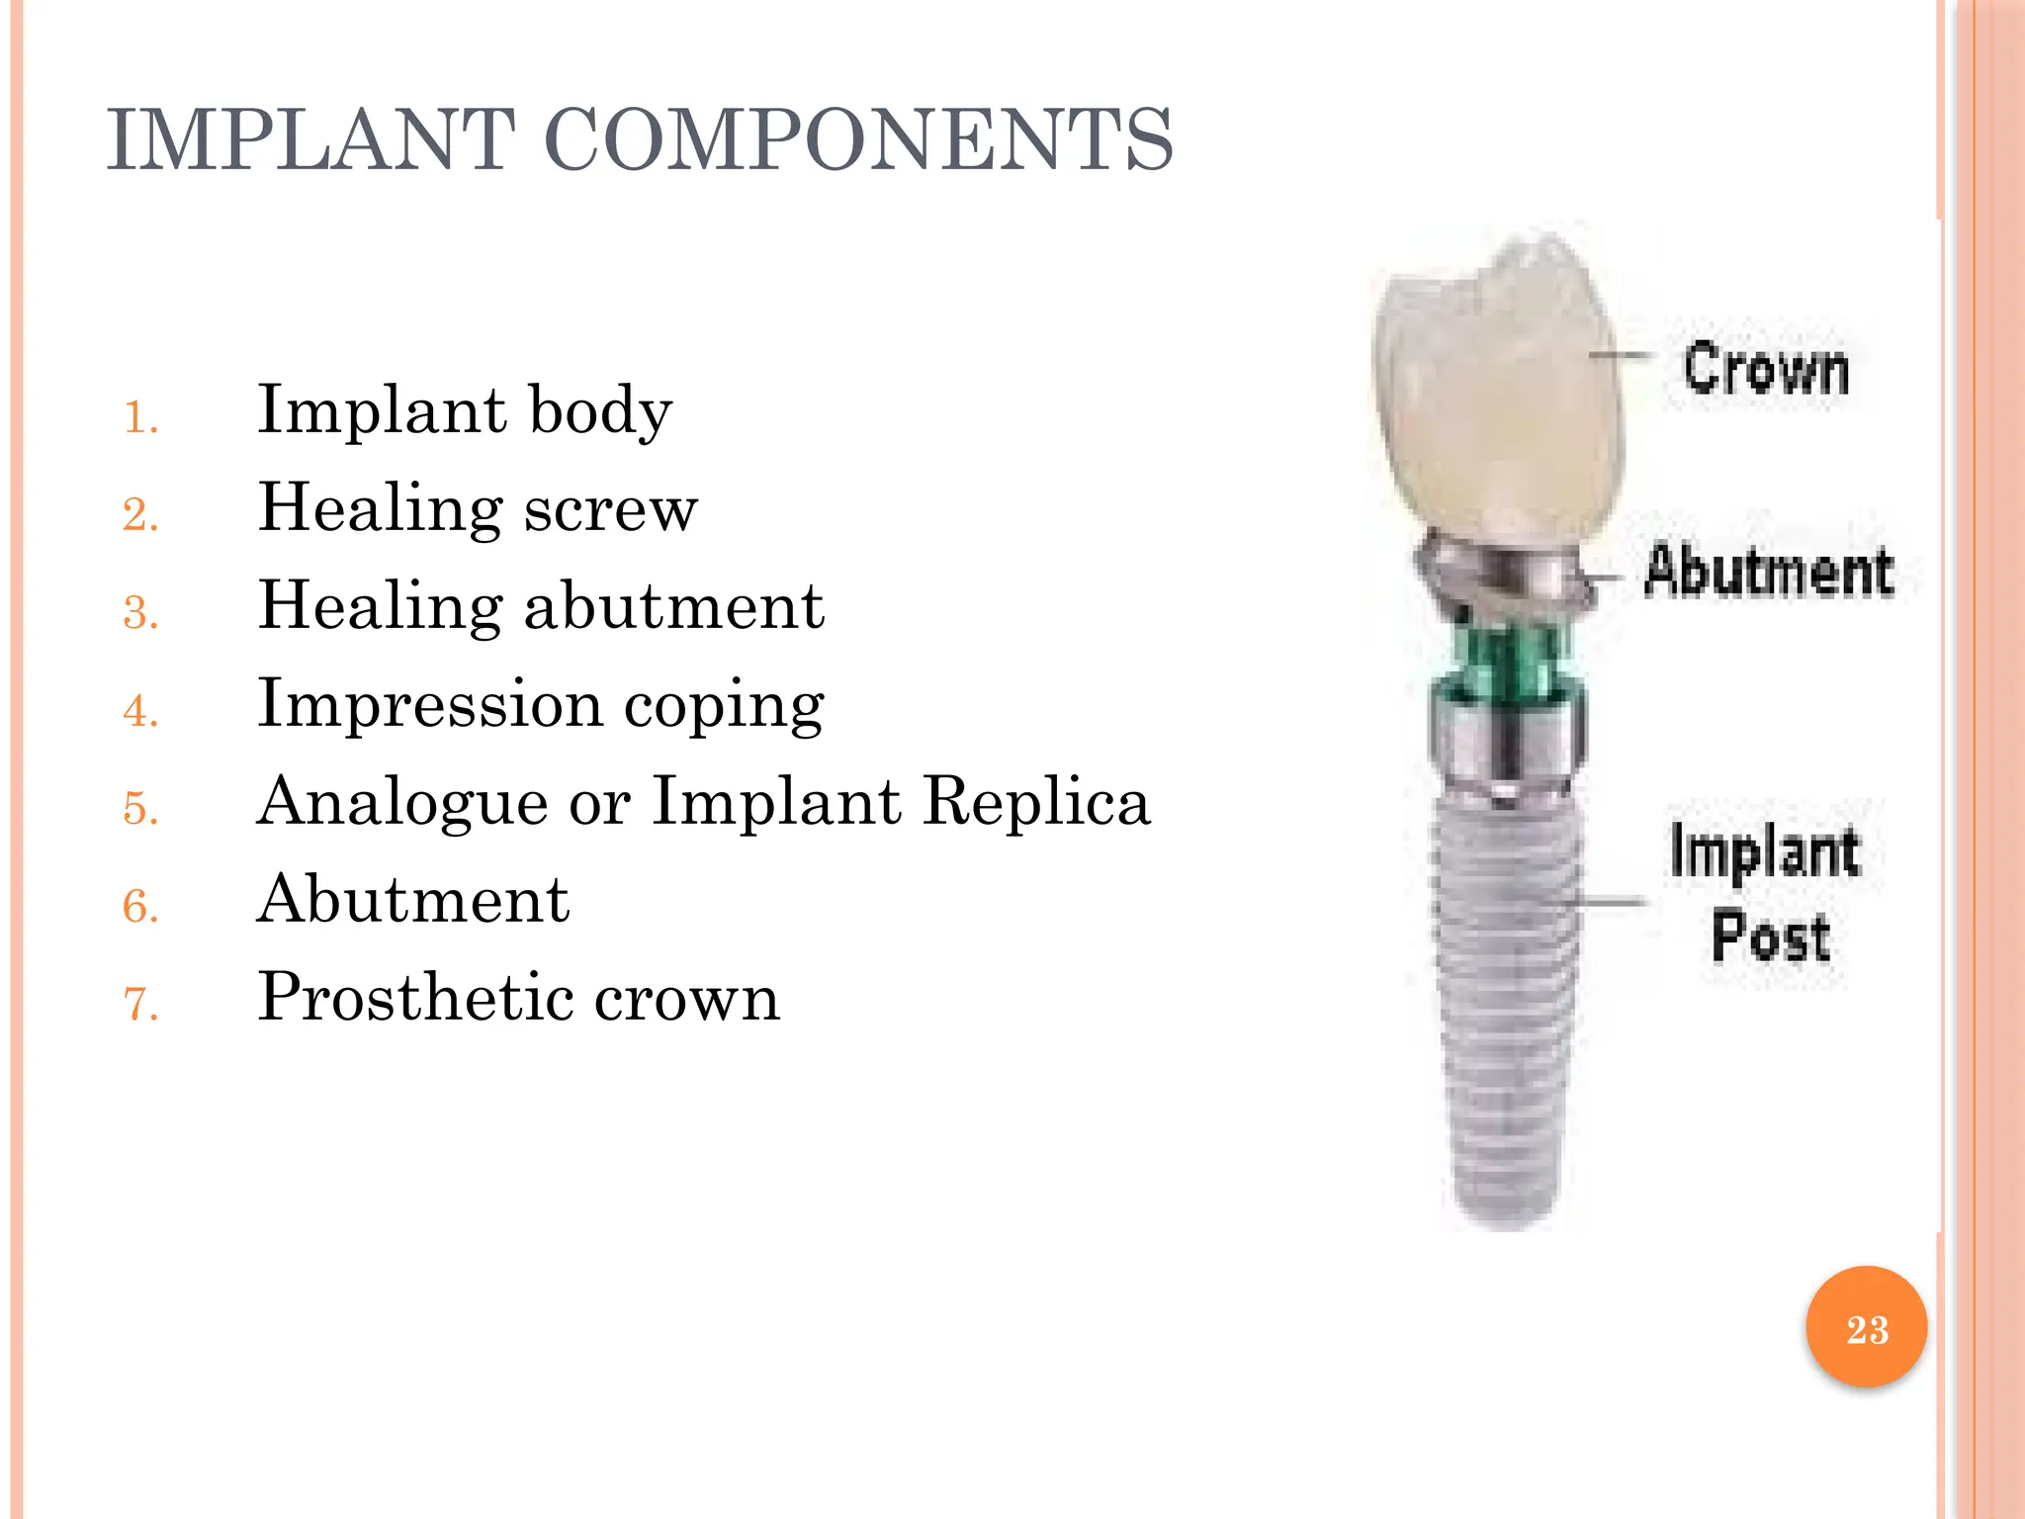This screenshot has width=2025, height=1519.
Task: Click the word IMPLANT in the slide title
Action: [310, 141]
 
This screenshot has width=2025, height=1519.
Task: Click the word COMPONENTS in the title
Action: [858, 141]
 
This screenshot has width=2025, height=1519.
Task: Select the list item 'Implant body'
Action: [465, 410]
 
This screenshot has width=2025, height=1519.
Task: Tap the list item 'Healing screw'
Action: [478, 508]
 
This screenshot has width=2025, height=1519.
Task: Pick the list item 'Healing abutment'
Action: [541, 606]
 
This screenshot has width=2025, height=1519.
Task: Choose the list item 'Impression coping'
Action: [541, 705]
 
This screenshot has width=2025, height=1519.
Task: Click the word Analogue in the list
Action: [401, 802]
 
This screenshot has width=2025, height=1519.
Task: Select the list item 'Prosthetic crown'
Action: [519, 997]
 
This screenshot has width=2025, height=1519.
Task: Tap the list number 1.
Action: [140, 418]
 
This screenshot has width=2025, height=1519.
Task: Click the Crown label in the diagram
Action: [1766, 370]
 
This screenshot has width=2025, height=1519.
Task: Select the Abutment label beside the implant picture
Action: [1769, 572]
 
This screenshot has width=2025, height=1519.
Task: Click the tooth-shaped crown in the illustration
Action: [1498, 396]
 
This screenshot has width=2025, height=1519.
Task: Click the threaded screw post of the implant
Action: [1504, 999]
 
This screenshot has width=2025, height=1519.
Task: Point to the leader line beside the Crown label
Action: [1622, 354]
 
